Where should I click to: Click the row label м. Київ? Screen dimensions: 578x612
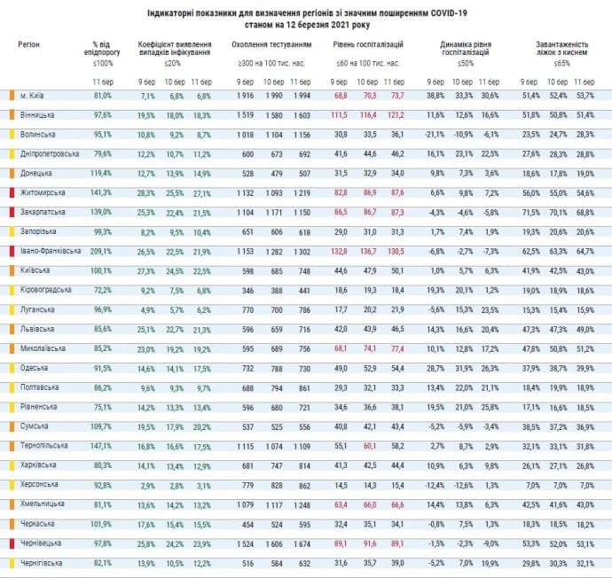tap(34, 95)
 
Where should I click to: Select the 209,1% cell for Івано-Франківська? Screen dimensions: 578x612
tap(102, 251)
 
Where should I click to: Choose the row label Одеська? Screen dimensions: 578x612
tap(35, 367)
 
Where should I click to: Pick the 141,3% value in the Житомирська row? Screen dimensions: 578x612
tap(102, 192)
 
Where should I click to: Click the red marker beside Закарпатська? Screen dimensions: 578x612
tap(11, 212)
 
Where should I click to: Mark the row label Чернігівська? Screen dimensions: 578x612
tap(41, 561)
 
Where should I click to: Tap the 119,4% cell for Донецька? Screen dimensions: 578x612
tap(102, 173)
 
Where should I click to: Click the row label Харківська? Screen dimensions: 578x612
tap(38, 465)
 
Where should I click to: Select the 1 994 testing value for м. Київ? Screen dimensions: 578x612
tap(301, 95)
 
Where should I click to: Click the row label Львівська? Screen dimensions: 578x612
tap(37, 328)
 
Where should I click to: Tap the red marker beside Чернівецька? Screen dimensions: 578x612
tap(11, 543)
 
